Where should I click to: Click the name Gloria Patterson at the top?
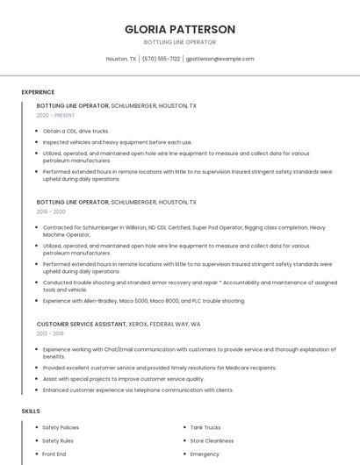(180, 29)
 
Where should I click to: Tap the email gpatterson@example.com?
(220, 59)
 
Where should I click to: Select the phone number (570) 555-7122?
(161, 59)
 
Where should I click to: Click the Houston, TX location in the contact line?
(121, 59)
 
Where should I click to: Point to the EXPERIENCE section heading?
(38, 92)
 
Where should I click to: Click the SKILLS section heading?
(31, 411)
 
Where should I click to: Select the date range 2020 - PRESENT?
(55, 116)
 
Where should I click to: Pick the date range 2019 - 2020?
(51, 211)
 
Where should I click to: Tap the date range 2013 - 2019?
(49, 333)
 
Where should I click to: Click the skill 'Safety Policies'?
(61, 427)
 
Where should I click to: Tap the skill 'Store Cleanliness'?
(212, 440)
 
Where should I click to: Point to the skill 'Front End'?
(54, 454)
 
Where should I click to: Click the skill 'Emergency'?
(205, 454)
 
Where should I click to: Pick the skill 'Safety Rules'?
(58, 440)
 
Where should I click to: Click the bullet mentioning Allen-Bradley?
(143, 301)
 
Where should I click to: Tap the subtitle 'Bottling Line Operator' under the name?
(180, 42)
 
